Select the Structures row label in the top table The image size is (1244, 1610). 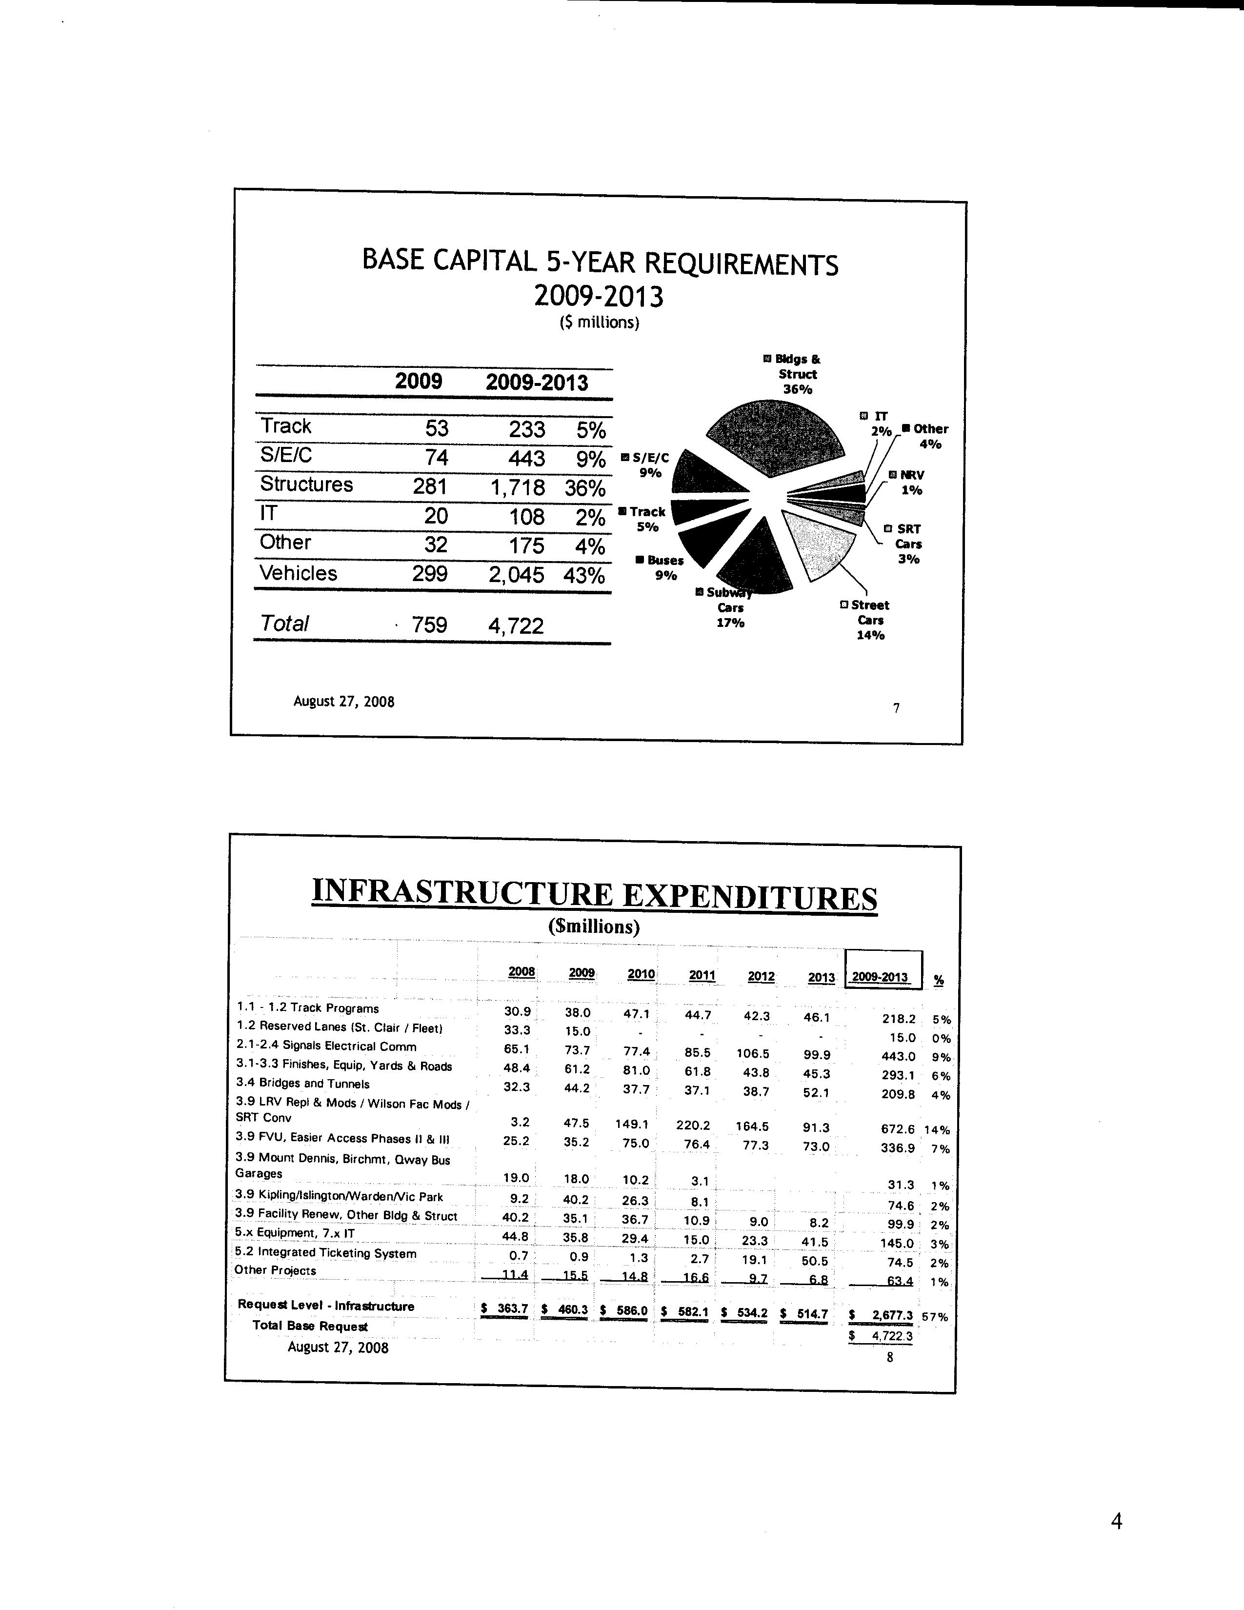pyautogui.click(x=306, y=484)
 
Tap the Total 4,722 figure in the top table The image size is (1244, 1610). pyautogui.click(x=516, y=626)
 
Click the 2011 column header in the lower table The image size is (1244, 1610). pyautogui.click(x=702, y=975)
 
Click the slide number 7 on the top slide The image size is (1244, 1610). pyautogui.click(x=896, y=708)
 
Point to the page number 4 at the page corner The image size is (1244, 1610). pyautogui.click(x=1117, y=1521)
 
